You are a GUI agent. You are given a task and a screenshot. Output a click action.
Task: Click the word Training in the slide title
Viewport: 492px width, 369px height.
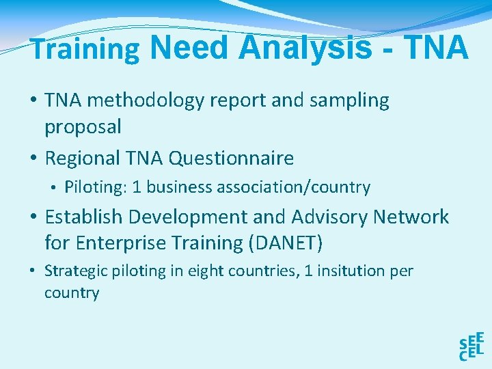[85, 50]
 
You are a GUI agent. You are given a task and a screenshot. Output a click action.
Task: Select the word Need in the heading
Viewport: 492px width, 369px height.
[189, 48]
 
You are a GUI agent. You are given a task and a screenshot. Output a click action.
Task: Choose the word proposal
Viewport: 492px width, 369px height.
[83, 126]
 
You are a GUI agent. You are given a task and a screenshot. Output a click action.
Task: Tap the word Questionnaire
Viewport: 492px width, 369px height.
[231, 159]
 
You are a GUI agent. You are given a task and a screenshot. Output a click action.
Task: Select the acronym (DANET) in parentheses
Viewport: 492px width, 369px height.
[288, 243]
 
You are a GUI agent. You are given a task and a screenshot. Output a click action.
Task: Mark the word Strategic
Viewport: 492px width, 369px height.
[72, 271]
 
